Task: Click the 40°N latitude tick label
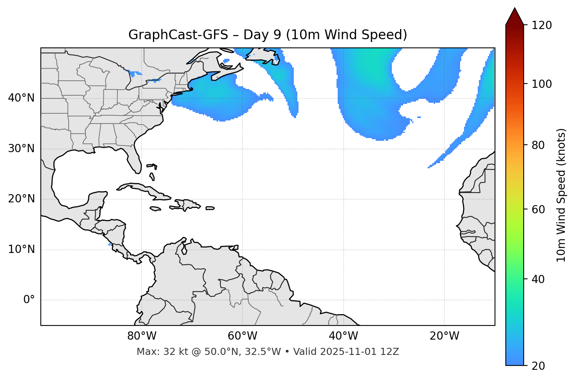point(21,98)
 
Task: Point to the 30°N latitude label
point(21,149)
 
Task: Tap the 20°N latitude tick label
point(21,199)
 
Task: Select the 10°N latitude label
point(21,249)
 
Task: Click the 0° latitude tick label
point(29,300)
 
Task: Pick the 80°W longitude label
point(142,336)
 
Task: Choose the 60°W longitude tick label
point(242,336)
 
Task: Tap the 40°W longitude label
point(343,336)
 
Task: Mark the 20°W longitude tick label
point(444,336)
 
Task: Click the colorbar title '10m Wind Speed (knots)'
point(561,195)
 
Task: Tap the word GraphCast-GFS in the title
point(178,35)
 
